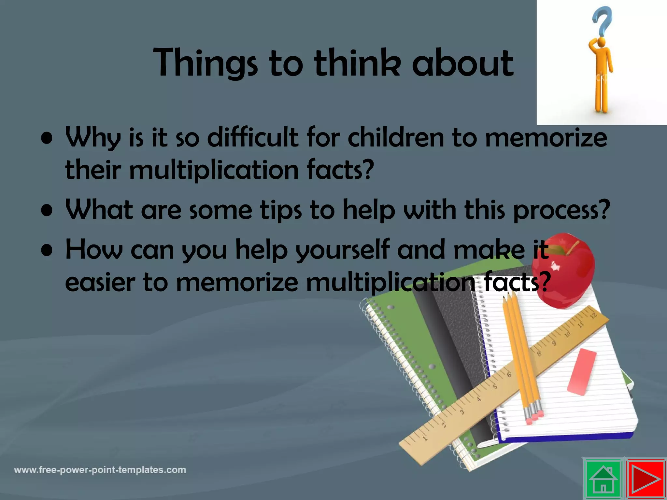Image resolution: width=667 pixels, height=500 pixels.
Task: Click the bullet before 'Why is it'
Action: point(48,138)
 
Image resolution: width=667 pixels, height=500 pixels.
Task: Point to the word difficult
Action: point(253,137)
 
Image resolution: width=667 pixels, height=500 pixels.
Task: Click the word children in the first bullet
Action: point(396,137)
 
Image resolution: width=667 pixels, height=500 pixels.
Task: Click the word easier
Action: point(100,283)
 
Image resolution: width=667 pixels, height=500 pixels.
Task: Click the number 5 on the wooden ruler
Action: point(495,387)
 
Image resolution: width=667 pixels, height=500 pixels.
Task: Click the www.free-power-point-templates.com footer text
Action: point(100,470)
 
